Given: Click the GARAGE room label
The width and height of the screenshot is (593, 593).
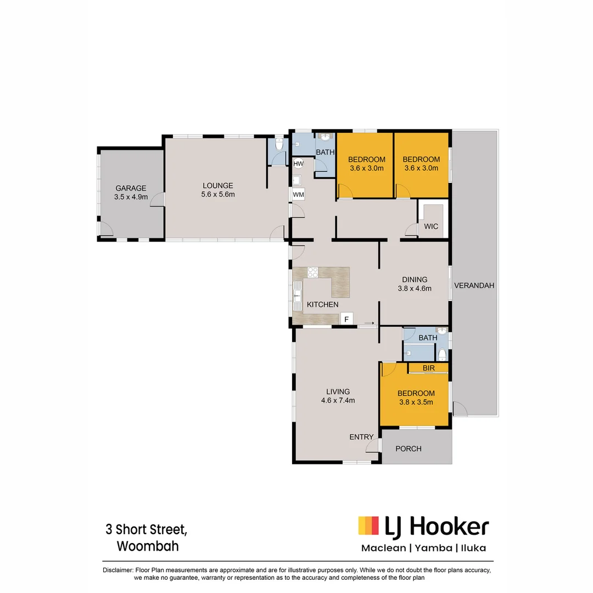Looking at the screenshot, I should (131, 192).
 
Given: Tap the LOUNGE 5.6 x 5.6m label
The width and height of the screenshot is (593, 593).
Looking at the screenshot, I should (217, 190).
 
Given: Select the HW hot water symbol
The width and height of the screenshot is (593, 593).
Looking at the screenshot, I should (299, 163).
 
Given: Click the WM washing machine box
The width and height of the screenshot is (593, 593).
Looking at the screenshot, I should (299, 194).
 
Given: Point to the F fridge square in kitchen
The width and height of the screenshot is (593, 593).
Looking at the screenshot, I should (346, 318).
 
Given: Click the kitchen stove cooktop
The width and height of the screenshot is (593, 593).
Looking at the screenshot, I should (313, 273).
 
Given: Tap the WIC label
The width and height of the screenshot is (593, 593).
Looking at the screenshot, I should (431, 226).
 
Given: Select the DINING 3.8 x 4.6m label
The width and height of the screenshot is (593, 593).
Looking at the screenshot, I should (415, 284).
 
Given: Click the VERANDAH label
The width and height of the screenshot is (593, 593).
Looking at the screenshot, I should (474, 286).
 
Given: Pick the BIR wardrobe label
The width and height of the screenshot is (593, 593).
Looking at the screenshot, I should (429, 368).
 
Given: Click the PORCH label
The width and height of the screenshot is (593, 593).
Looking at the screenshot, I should (409, 449).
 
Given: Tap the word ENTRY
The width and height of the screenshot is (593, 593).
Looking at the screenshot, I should (361, 437).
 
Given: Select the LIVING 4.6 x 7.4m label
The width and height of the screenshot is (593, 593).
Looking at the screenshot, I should (338, 396).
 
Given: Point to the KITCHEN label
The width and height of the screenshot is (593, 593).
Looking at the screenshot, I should (322, 304).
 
